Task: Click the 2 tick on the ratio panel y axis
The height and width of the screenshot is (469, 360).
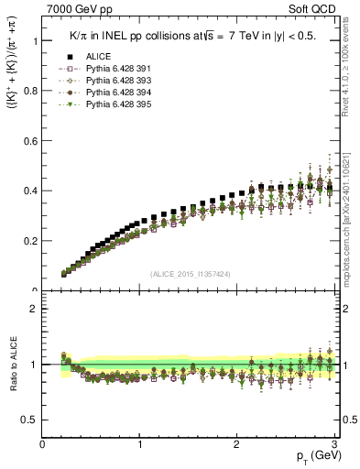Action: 35,309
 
